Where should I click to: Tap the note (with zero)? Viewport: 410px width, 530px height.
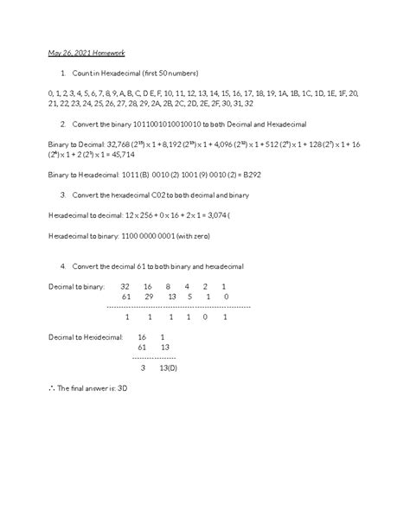[x=201, y=235]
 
